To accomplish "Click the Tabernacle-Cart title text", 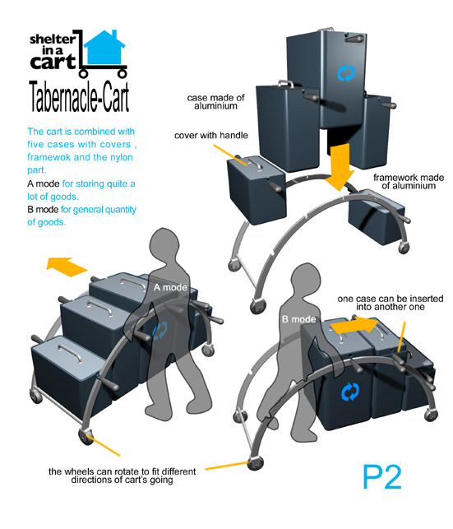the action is click(79, 96).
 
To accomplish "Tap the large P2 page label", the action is click(382, 477).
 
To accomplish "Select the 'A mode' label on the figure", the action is click(170, 287).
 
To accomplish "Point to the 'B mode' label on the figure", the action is click(298, 319).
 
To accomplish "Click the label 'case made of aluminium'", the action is click(215, 101).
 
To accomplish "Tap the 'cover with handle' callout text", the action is click(211, 135).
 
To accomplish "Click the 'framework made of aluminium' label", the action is click(409, 182).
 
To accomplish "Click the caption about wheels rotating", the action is click(122, 476).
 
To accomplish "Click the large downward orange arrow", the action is click(340, 167).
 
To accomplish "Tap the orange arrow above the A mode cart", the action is click(67, 267).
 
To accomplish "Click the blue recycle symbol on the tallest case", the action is click(346, 73).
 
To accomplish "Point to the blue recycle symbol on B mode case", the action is click(350, 392).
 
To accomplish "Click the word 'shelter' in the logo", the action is click(53, 39).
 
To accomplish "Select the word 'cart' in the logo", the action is click(53, 62).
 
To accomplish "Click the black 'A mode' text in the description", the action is click(43, 183).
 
